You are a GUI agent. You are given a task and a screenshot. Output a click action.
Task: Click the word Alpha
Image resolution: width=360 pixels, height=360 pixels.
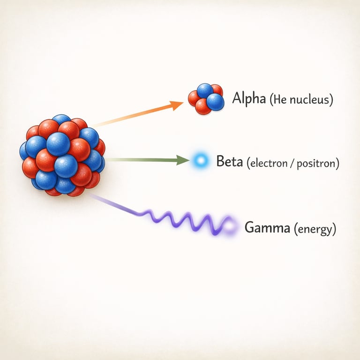249,99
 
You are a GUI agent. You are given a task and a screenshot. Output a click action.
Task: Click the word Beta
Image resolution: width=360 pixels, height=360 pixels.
229,162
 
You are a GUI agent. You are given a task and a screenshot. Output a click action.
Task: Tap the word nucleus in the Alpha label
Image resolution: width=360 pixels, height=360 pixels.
312,101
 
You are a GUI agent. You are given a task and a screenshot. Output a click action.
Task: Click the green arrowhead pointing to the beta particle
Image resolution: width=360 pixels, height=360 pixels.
184,161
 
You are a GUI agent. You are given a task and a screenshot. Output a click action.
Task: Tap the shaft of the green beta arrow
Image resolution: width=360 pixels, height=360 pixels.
141,160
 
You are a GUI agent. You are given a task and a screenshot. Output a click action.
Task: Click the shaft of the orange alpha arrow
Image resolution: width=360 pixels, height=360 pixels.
136,115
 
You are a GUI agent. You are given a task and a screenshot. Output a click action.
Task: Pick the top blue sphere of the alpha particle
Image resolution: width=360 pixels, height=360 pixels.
205,90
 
